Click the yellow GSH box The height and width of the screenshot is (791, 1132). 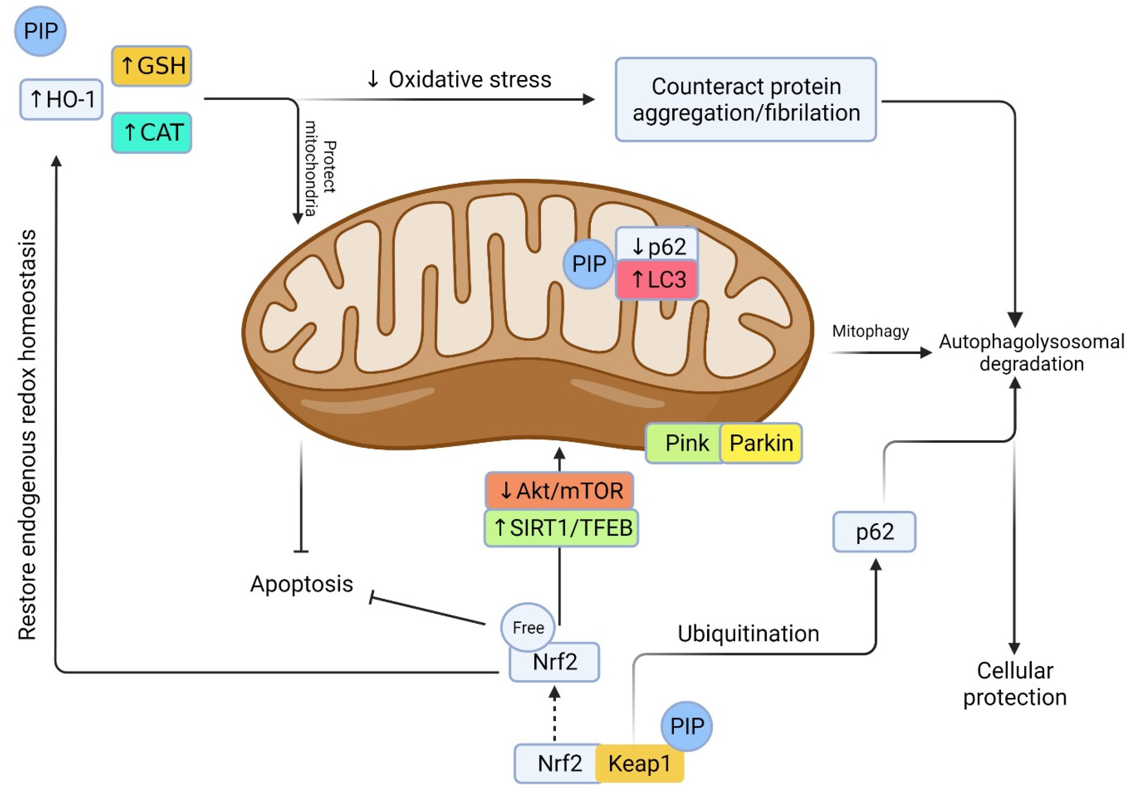tap(152, 66)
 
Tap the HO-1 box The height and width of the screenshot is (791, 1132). tap(61, 99)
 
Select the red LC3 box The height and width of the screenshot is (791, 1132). tap(657, 280)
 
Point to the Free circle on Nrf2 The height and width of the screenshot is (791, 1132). tap(528, 627)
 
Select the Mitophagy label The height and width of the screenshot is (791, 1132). tap(870, 331)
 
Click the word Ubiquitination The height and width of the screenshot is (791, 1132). tap(748, 634)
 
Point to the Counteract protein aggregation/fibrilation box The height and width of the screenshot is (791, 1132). tap(745, 99)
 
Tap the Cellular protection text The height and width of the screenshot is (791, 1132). tap(1015, 684)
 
